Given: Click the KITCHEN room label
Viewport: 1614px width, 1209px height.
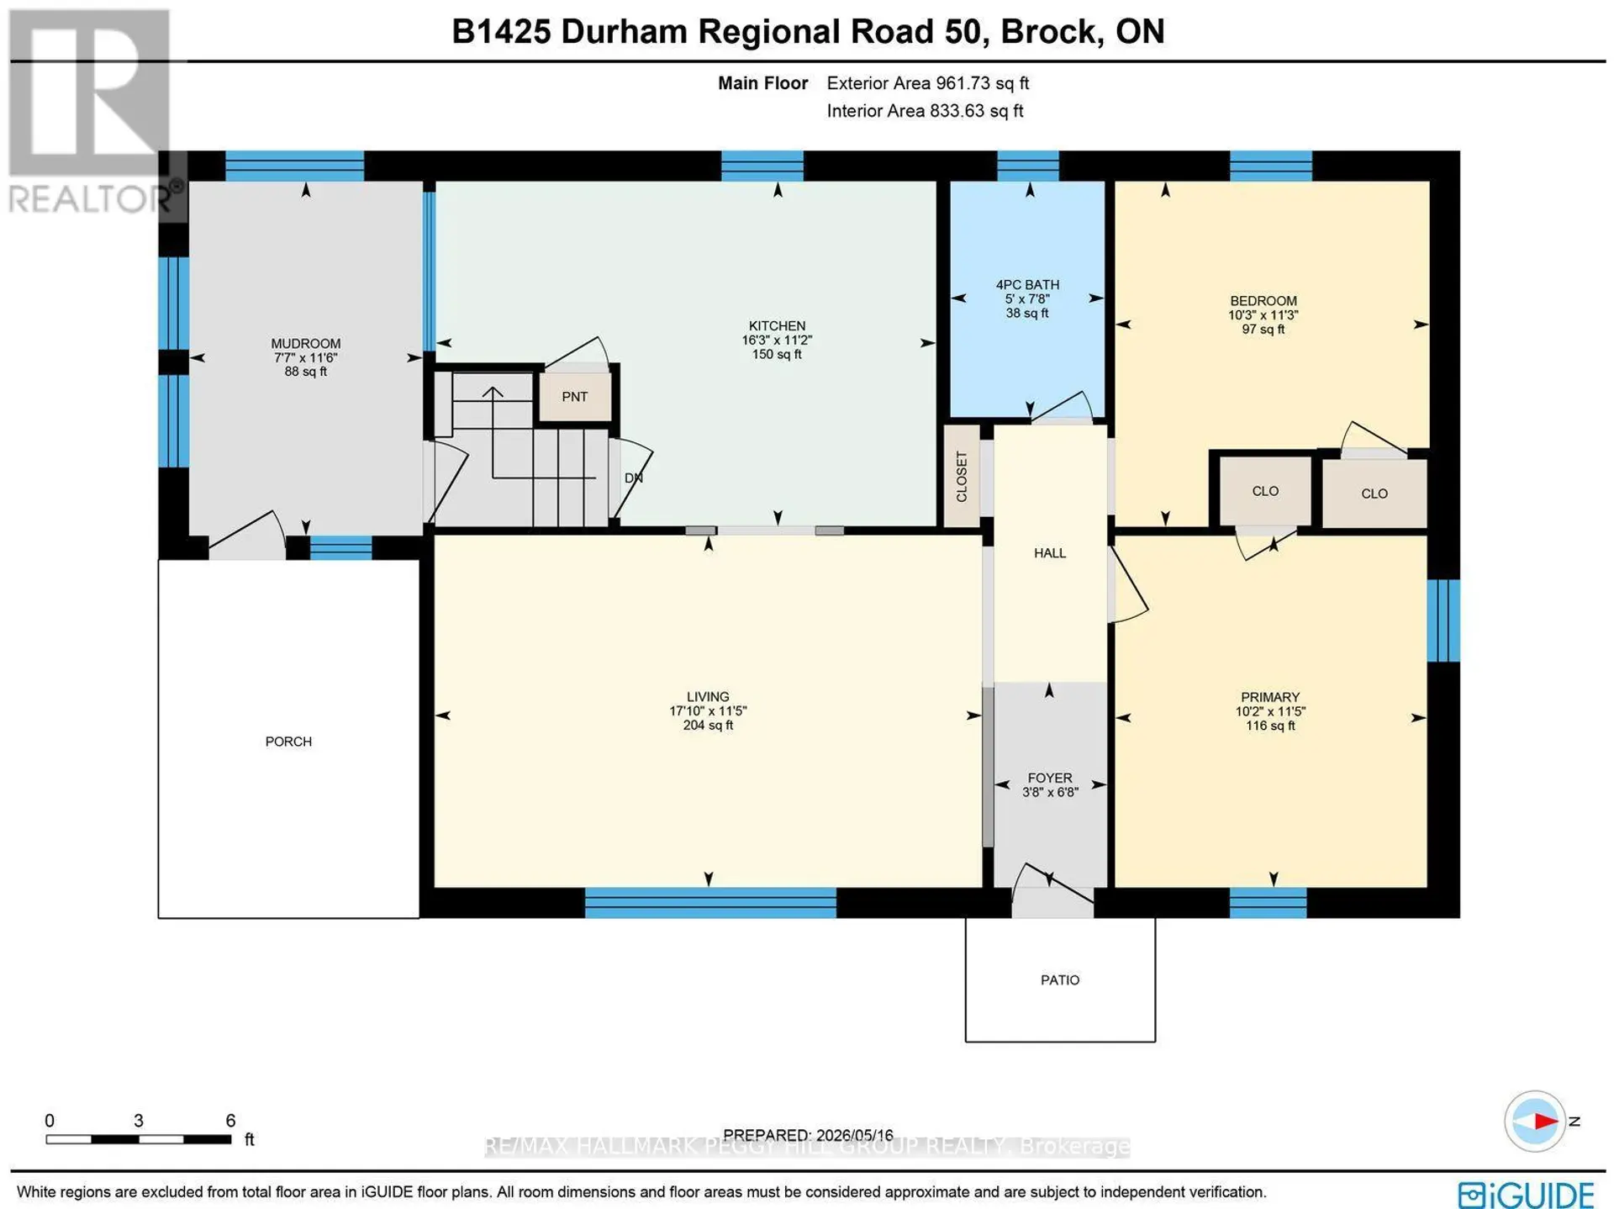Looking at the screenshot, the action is click(x=777, y=326).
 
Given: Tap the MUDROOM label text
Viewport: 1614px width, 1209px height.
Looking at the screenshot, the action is click(x=305, y=344).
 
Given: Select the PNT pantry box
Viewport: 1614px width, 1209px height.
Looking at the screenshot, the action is click(x=575, y=397).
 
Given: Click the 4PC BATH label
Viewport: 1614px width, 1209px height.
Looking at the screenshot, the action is click(x=1027, y=285).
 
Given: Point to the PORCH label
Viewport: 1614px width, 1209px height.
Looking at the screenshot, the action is click(x=288, y=742).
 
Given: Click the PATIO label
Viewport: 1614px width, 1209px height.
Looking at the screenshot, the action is click(x=1060, y=980).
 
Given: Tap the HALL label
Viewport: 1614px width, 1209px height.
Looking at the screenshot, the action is click(x=1050, y=553).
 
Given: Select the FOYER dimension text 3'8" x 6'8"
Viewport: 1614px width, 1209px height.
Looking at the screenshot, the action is click(x=1050, y=792).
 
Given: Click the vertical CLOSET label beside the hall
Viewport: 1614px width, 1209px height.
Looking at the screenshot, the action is click(x=962, y=477).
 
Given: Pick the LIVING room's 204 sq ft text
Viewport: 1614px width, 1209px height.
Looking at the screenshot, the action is click(x=708, y=726).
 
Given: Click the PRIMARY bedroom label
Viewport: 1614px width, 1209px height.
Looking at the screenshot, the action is click(x=1270, y=697).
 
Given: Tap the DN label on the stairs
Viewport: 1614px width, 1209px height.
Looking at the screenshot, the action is click(x=633, y=478).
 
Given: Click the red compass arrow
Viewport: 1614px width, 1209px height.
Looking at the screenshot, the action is click(x=1545, y=1121).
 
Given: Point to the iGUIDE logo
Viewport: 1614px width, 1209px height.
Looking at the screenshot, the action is click(x=1526, y=1195).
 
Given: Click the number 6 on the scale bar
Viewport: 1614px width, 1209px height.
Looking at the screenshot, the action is click(x=230, y=1121).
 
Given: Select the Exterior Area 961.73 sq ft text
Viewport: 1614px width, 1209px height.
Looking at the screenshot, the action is click(x=928, y=83).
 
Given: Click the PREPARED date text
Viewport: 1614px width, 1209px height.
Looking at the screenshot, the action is click(x=808, y=1135).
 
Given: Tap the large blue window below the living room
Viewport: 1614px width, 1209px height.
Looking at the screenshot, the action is click(x=710, y=903).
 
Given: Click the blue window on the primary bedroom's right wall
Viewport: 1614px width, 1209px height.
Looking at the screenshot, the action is click(x=1443, y=620).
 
